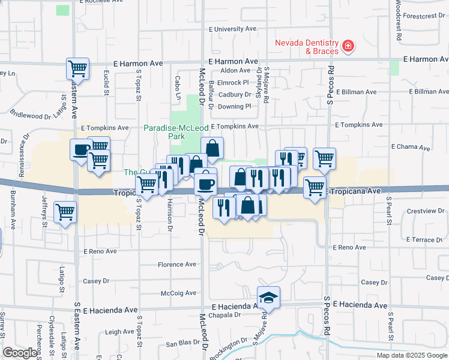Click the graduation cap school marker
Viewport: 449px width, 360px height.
pos(268,297)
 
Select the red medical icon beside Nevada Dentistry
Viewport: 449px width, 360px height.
pos(347,46)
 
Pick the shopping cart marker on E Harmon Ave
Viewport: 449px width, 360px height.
pos(78,69)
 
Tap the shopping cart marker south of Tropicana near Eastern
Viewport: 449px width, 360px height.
pos(65,211)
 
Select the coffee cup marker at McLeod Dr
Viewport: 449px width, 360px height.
pos(206,182)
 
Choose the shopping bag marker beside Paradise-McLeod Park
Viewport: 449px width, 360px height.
pos(212,148)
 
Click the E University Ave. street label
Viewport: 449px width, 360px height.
pos(233,28)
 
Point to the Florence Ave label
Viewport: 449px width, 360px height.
pos(176,264)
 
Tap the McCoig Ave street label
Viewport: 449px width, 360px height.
pos(178,293)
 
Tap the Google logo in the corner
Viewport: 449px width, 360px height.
pos(20,353)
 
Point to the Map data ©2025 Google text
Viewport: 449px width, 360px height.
pos(412,355)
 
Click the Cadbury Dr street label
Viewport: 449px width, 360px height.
pos(234,94)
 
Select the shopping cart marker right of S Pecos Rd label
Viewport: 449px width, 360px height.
pos(324,158)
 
